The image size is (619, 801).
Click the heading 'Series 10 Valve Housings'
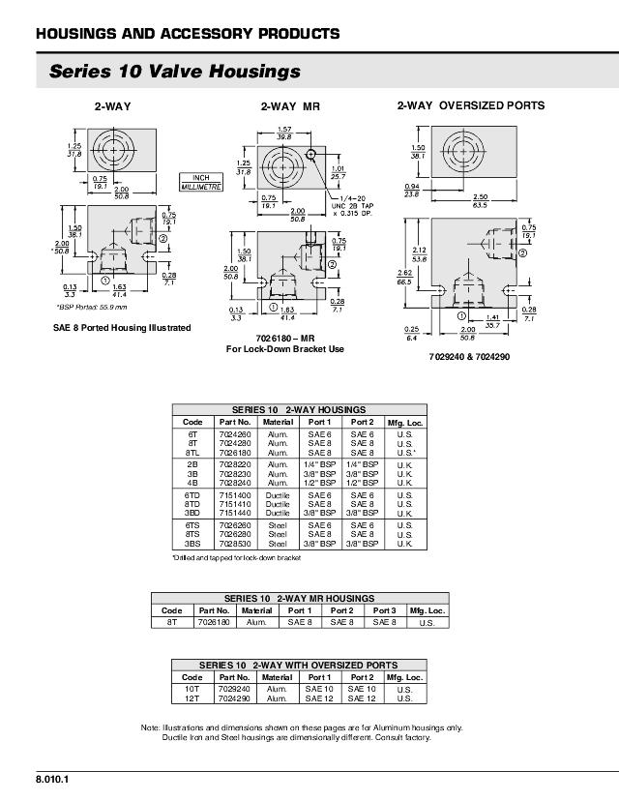(x=174, y=72)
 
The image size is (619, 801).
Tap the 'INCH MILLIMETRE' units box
(x=201, y=182)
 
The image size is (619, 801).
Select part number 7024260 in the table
(x=235, y=434)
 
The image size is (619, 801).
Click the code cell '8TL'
(x=192, y=452)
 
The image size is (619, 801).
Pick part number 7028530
(x=235, y=544)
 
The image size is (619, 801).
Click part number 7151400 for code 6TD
(x=235, y=496)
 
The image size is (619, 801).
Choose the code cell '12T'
(x=192, y=697)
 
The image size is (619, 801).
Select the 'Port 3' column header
(x=385, y=610)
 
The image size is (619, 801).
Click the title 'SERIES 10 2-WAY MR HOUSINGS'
(x=299, y=599)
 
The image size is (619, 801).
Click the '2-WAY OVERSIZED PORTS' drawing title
(x=471, y=105)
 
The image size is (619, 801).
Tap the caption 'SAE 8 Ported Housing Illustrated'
(x=122, y=328)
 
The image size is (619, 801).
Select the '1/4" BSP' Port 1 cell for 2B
(x=320, y=464)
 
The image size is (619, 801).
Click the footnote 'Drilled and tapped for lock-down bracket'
(x=237, y=558)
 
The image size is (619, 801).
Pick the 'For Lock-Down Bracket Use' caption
(x=285, y=348)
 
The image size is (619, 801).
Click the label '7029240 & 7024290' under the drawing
(x=469, y=357)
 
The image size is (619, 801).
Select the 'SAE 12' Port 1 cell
(x=319, y=697)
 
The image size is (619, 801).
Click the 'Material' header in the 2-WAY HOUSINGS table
(x=278, y=423)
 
